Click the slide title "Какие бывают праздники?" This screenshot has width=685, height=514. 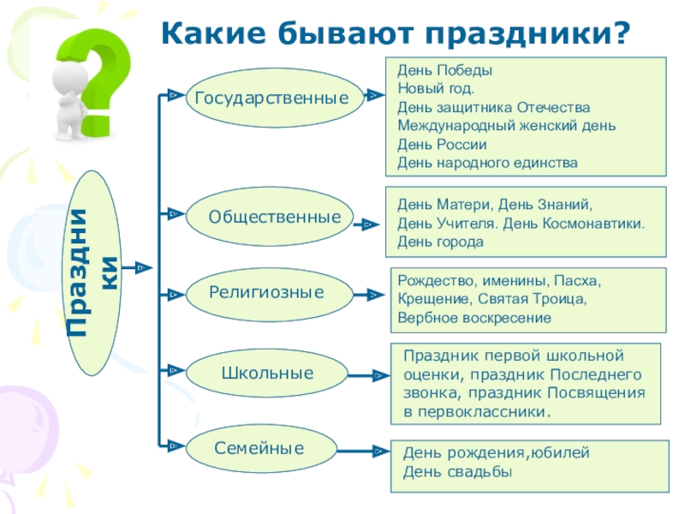point(395,34)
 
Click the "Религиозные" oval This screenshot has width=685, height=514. point(266,293)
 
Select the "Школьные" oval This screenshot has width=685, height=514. point(267,374)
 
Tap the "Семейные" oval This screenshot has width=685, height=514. point(259,447)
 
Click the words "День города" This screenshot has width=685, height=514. point(440,242)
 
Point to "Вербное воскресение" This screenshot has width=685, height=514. point(474,317)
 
